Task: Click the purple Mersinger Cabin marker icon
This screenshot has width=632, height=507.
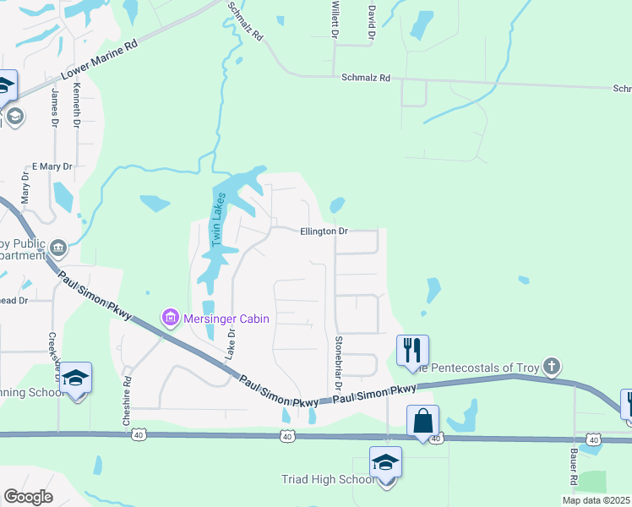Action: [170, 318]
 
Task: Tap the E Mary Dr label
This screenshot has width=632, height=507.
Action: [52, 166]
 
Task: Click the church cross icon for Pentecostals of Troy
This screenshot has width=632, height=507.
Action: [551, 366]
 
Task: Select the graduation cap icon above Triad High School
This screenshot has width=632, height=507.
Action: [385, 461]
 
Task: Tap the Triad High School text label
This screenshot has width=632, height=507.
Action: [327, 480]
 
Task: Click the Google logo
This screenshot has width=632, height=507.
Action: [28, 497]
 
